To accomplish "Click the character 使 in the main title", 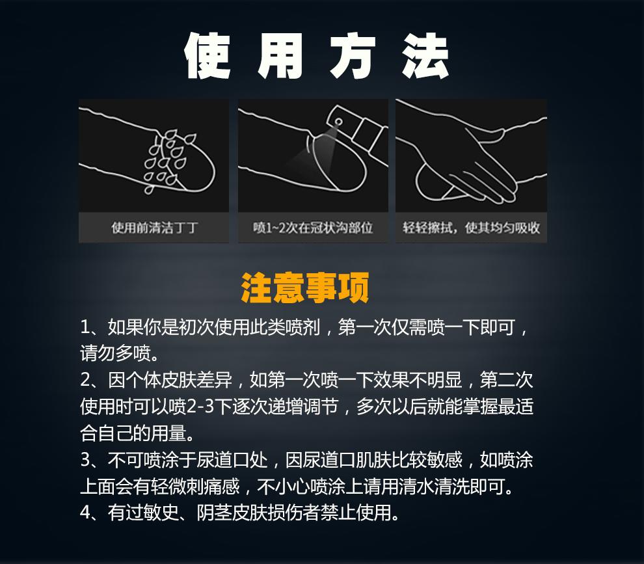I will [x=208, y=57].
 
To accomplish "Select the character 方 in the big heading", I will [x=352, y=57].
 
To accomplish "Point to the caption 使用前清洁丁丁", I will [x=154, y=228].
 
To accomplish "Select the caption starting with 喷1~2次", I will [x=313, y=228].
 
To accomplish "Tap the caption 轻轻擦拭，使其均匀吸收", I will [x=471, y=228].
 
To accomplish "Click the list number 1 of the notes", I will [x=85, y=327].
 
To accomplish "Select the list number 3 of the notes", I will [x=85, y=461].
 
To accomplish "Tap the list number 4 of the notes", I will [x=85, y=513].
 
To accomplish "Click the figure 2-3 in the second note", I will [x=200, y=407].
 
